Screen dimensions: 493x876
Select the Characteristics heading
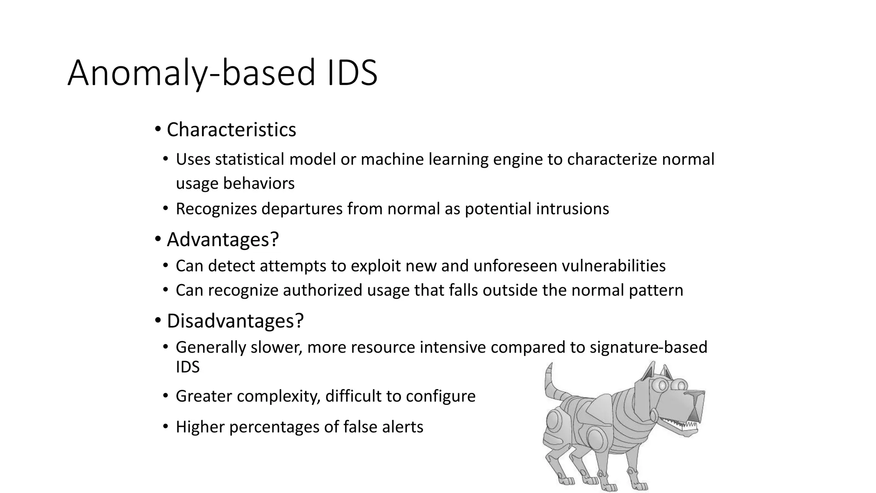pos(231,130)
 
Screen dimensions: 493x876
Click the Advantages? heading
pos(222,239)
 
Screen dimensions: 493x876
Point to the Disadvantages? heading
pos(235,321)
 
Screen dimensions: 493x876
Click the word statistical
pos(249,159)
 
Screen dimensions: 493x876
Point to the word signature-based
pos(648,347)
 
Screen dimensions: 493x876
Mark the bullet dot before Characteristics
pos(158,129)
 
